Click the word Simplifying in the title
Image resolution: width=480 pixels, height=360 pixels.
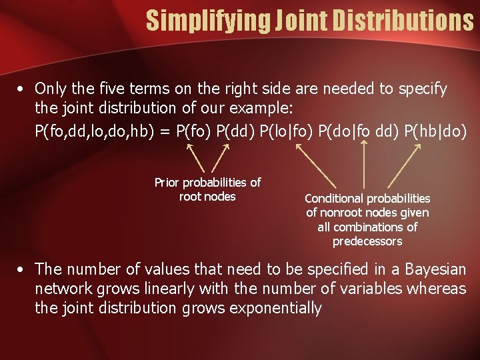tap(206, 21)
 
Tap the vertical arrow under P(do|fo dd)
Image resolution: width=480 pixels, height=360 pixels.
tap(363, 165)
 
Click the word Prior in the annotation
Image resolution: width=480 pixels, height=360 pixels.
tap(167, 183)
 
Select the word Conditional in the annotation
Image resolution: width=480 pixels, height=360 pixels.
tap(335, 199)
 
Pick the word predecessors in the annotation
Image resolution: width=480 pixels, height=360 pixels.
tap(367, 241)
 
